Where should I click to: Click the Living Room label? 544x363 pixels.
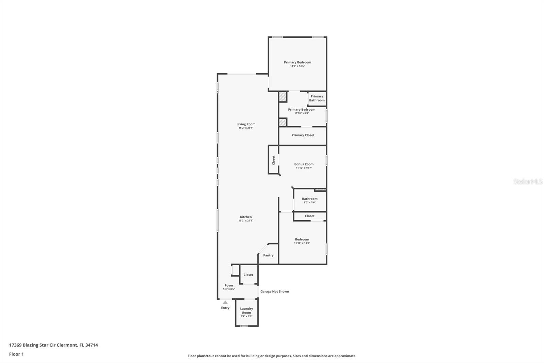click(246, 124)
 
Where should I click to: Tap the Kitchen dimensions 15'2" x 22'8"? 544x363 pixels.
click(246, 221)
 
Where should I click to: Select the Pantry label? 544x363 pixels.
click(268, 255)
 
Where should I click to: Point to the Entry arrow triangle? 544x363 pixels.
click(225, 302)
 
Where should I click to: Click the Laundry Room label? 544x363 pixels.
click(247, 311)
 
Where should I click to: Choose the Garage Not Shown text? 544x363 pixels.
click(275, 291)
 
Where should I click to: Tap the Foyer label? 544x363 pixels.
click(229, 285)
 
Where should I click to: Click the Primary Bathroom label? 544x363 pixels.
click(317, 98)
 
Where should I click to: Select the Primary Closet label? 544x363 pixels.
click(303, 135)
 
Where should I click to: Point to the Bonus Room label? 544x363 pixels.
click(304, 164)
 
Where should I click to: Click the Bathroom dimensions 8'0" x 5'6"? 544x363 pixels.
click(310, 202)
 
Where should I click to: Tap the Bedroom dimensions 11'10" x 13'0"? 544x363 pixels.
click(302, 243)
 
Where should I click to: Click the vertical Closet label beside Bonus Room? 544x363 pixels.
click(273, 160)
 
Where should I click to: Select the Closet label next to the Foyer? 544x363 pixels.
click(248, 275)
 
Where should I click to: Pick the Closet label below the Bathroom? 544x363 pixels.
click(310, 216)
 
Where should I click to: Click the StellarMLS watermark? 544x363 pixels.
click(528, 181)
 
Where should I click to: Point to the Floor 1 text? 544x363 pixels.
click(17, 354)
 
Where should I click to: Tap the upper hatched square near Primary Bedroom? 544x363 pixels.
click(282, 97)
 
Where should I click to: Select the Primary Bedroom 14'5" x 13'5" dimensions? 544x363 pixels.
click(297, 66)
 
